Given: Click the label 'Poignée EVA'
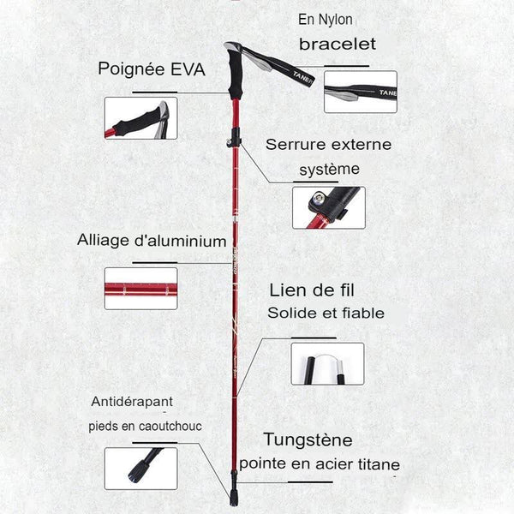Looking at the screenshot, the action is [x=152, y=69].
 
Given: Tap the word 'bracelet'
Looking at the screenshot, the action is [x=338, y=44].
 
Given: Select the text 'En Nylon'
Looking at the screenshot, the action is [x=326, y=20].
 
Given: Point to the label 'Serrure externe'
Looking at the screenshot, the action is [x=328, y=145].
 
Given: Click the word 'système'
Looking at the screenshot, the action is [x=330, y=170].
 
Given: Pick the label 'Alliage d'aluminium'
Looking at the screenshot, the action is [x=152, y=240].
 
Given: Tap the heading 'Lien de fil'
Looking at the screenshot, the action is [x=312, y=290].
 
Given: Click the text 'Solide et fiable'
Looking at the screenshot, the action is [x=326, y=313].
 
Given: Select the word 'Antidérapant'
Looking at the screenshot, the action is [x=132, y=401].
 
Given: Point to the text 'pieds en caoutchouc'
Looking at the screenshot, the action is [x=146, y=426].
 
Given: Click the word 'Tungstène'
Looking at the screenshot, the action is [x=308, y=439].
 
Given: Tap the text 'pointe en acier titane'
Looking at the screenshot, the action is [x=320, y=463].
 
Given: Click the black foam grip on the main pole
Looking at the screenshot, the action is [x=236, y=75].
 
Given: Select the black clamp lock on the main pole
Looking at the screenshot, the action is [x=235, y=138].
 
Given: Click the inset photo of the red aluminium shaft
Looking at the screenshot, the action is [x=141, y=289].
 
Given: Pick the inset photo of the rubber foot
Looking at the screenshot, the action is [x=141, y=469].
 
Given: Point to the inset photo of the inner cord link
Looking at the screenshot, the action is [x=327, y=364].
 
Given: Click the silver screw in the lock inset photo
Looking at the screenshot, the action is [x=318, y=198].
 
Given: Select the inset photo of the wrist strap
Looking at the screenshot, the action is [x=361, y=92].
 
